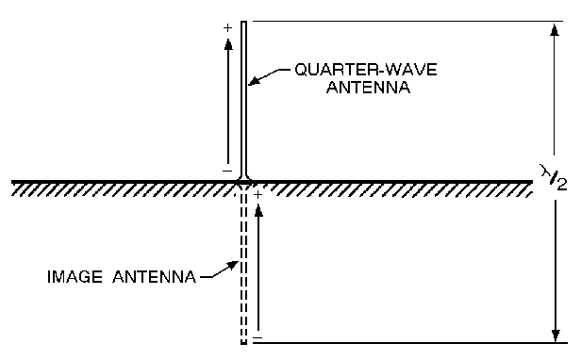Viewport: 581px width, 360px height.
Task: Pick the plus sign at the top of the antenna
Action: coord(226,28)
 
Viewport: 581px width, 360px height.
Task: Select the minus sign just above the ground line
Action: coord(226,170)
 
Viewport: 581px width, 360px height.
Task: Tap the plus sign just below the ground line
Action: coord(257,193)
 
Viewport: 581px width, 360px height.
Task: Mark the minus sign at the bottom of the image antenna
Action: coord(257,336)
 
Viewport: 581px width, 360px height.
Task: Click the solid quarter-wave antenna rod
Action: coord(244,94)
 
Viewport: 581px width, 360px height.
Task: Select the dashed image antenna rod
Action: coord(244,273)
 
